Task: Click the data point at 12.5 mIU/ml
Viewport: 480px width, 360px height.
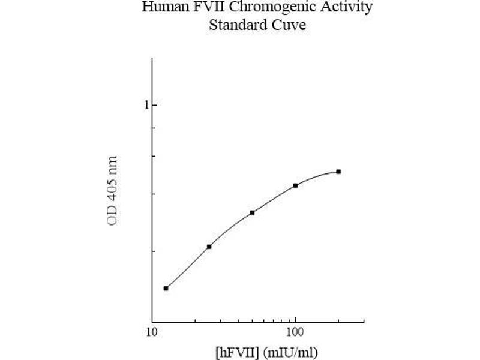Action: click(166, 288)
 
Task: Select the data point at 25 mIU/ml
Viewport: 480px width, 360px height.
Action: click(209, 247)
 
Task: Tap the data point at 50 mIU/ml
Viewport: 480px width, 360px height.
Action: click(253, 212)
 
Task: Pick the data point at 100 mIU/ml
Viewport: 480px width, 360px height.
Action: click(296, 185)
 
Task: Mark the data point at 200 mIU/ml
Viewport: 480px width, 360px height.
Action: click(338, 172)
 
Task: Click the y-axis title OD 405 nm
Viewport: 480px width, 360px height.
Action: click(112, 190)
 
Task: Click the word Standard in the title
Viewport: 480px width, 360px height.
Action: click(233, 25)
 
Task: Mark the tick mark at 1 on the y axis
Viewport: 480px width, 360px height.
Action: click(154, 105)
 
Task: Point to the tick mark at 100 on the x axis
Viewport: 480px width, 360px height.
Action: click(295, 320)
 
